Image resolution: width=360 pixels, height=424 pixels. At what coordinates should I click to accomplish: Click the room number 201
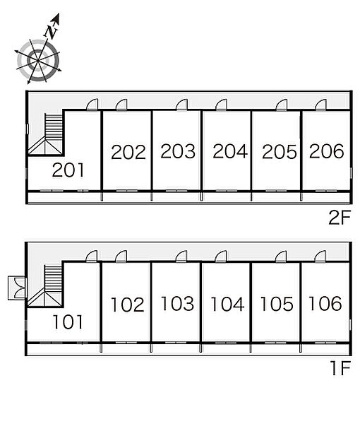point(68,170)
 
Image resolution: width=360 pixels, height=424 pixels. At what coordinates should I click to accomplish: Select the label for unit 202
point(128,152)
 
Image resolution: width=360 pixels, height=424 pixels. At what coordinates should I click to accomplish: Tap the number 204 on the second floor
point(230,151)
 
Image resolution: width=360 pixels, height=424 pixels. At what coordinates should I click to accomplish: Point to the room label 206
point(327,151)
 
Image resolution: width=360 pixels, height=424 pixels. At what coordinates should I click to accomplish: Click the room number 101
point(68,322)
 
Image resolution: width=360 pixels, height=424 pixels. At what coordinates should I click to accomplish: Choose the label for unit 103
point(177,303)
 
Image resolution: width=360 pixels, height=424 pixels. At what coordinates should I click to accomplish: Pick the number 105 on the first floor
point(277,304)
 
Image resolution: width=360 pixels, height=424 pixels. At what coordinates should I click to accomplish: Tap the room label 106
point(325,303)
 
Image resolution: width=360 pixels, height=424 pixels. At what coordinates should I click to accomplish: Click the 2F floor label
point(340,218)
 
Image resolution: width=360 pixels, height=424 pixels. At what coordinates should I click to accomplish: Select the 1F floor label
point(341,368)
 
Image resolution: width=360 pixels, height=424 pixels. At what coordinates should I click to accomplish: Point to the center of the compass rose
point(38,61)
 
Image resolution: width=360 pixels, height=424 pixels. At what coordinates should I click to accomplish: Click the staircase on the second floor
point(46,134)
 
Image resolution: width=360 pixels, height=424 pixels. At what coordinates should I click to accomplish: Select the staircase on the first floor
point(45,285)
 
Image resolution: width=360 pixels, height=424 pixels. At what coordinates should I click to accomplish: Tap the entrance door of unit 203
point(181,105)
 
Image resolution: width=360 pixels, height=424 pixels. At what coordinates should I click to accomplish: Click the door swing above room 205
point(282,105)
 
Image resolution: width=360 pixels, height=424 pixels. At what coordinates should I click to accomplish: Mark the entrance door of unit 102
point(121,257)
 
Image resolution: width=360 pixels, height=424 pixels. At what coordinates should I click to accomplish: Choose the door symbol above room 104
point(221,257)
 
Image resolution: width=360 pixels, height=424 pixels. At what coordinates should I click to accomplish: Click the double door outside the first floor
point(17,288)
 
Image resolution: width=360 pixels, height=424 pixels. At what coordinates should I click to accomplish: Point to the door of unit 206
point(321,105)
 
